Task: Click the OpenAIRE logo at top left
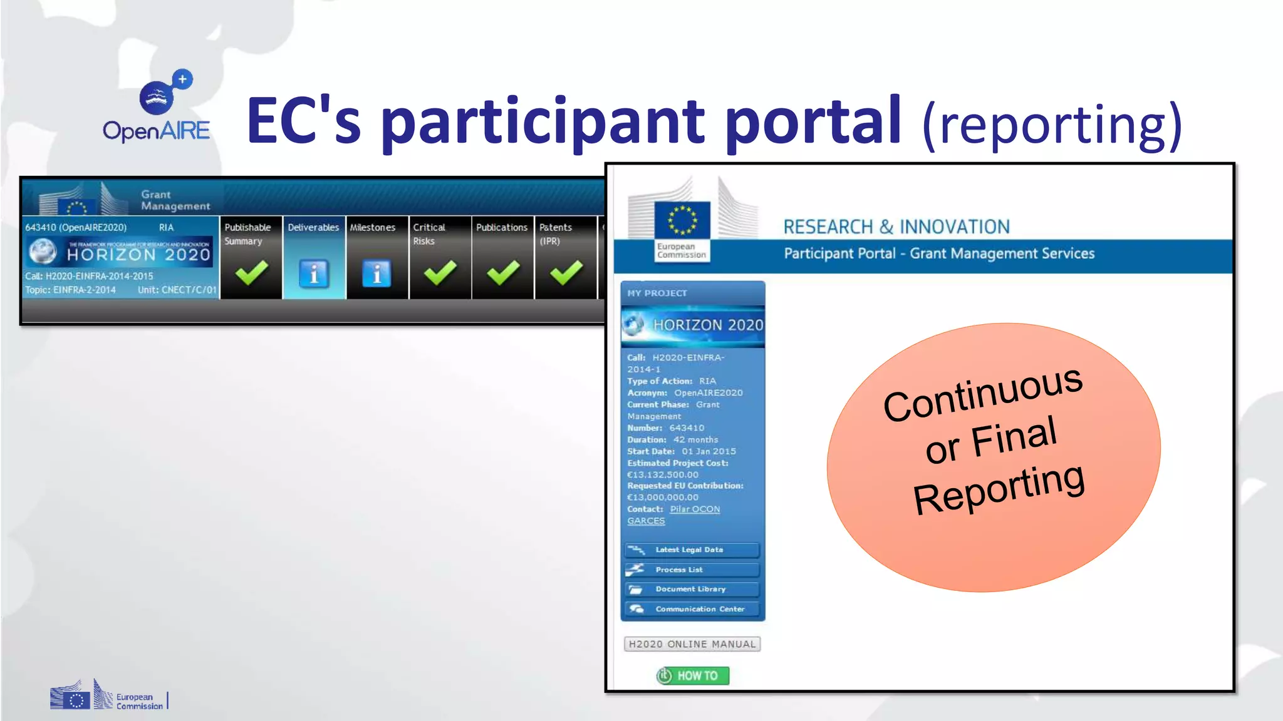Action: pos(157,106)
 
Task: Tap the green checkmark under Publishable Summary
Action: pos(251,273)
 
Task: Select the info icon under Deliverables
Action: pos(314,274)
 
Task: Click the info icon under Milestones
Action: pos(377,274)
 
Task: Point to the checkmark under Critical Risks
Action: pos(440,273)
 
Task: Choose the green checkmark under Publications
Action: pos(503,273)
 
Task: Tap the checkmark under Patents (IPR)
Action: pos(566,273)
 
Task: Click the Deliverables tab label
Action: pos(313,227)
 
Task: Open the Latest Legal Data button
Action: pos(692,550)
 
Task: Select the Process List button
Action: pos(692,570)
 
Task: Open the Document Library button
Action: pos(692,590)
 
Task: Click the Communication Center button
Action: pos(692,609)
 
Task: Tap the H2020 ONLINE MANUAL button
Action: pos(692,644)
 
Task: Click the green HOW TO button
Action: pos(693,676)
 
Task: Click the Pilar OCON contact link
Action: pos(695,509)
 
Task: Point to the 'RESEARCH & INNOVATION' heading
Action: pos(896,227)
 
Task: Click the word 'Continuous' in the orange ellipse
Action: pos(982,394)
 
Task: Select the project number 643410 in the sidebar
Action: pos(687,428)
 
